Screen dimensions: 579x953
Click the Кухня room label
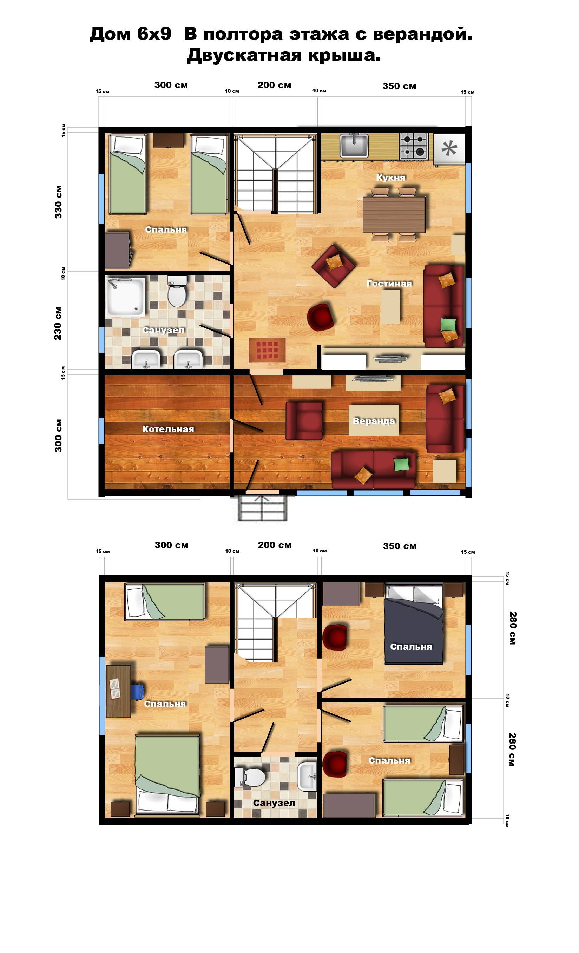pos(390,178)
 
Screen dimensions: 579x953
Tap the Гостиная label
pos(389,284)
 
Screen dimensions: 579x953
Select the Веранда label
pos(374,421)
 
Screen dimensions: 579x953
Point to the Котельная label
pos(168,429)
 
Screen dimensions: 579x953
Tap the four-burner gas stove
pos(414,146)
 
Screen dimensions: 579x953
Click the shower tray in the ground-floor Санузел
pos(125,296)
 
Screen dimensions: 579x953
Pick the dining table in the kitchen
pos(394,215)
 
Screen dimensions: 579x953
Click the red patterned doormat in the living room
pos(267,351)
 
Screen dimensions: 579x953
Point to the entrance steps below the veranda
pos(263,508)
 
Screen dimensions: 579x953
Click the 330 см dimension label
pos(58,202)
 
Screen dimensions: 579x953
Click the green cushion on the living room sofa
pos(448,324)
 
